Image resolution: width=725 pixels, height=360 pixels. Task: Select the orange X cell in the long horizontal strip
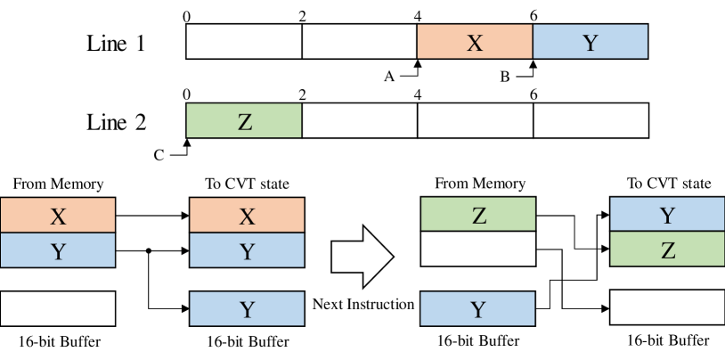(x=475, y=42)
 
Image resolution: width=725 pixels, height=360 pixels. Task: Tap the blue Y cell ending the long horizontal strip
(x=590, y=42)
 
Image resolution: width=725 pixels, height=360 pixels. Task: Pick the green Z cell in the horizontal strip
(x=244, y=121)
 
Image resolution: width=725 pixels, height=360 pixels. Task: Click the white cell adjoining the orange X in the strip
(x=359, y=42)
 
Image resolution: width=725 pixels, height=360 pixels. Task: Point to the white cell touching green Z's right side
(x=359, y=121)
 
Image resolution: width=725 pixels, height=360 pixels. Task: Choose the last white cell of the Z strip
(x=590, y=121)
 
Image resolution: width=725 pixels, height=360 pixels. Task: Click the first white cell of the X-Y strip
(x=244, y=42)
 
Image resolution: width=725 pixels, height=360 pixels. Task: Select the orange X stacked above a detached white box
(x=58, y=216)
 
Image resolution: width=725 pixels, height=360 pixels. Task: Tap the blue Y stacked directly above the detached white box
(x=58, y=250)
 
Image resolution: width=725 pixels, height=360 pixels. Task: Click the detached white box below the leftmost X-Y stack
(x=58, y=308)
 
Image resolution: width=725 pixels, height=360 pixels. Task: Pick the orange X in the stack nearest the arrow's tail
(x=247, y=216)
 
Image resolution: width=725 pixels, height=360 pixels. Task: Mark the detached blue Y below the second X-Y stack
(x=247, y=309)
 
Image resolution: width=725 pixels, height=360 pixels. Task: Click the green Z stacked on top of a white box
(x=477, y=215)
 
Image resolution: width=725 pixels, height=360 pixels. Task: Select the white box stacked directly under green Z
(x=477, y=250)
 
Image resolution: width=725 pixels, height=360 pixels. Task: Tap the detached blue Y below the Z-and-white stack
(x=477, y=309)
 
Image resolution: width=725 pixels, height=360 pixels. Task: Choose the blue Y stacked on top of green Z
(x=667, y=215)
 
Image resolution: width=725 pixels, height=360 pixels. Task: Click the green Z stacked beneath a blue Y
(x=667, y=250)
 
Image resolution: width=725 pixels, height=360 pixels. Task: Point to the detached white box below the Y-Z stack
(x=667, y=307)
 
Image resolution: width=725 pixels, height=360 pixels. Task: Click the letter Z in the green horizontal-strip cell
(x=245, y=122)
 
